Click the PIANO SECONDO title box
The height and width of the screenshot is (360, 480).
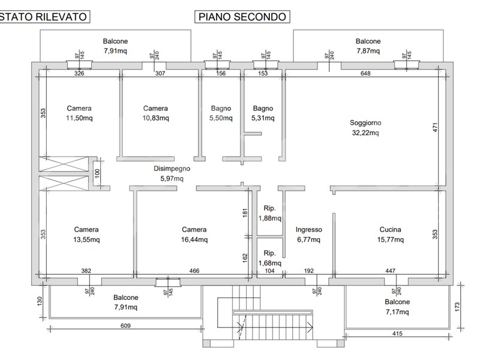point(242,17)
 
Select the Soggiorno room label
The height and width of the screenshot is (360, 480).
point(365,123)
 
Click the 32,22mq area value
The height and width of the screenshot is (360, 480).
point(365,133)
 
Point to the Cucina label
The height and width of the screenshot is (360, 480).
point(390,229)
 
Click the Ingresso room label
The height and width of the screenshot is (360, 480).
point(309,229)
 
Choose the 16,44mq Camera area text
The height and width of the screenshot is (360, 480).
point(194,239)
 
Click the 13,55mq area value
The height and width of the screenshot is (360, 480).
point(86,239)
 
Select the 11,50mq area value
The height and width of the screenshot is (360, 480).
point(79,118)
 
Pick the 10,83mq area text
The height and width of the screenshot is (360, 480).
point(155,118)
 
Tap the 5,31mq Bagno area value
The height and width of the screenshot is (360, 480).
point(263,118)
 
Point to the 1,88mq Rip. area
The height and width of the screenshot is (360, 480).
point(269,218)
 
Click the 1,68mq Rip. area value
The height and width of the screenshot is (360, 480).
point(269,262)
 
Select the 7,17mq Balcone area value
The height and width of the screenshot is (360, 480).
point(397,312)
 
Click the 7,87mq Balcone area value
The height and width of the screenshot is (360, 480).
point(368,51)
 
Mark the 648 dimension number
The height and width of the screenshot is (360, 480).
point(365,74)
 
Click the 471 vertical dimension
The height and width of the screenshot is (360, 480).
point(436,127)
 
